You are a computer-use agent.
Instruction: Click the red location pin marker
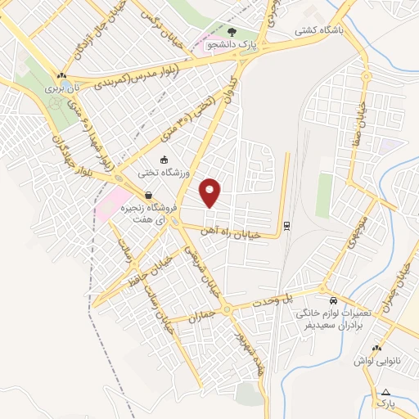pos(210,192)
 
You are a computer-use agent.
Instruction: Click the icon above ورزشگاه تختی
pos(164,160)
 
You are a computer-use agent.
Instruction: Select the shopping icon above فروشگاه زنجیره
pos(148,196)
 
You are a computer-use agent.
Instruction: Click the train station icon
pos(286,225)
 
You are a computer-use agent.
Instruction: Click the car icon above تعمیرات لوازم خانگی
pos(332,300)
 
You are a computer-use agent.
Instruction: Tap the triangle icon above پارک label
pos(386,391)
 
